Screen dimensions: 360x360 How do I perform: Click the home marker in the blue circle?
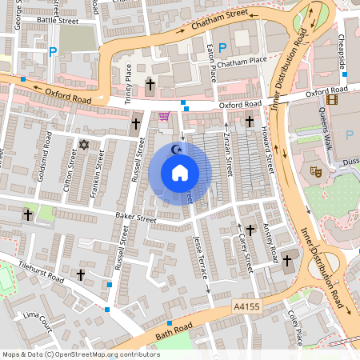[180, 173]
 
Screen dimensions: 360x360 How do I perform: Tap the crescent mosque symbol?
[178, 148]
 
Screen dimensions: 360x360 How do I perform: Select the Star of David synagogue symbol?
[84, 145]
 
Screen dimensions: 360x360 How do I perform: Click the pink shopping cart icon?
[164, 116]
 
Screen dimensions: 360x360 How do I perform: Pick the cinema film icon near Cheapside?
[332, 99]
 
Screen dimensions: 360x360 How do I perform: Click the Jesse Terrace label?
[200, 255]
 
